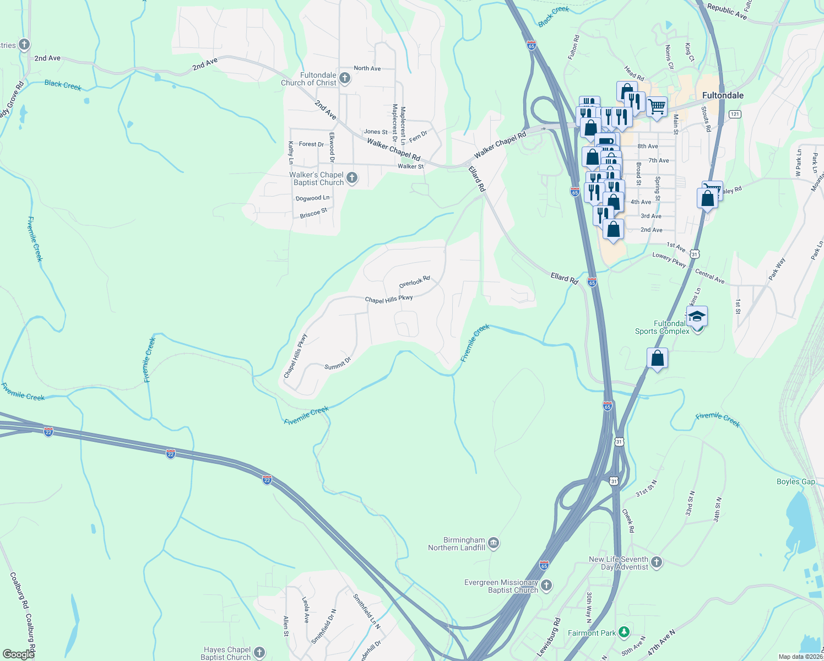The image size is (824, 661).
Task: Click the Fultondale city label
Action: [723, 95]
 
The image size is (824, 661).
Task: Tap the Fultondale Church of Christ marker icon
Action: [345, 78]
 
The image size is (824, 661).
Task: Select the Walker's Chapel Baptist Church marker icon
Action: [352, 178]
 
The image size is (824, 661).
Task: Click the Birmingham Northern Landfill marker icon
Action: [493, 544]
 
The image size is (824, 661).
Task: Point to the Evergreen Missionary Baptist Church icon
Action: [546, 585]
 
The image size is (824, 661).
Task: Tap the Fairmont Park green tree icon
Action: [624, 631]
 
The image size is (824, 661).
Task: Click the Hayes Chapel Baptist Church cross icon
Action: [259, 653]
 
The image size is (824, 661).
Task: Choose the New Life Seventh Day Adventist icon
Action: [656, 562]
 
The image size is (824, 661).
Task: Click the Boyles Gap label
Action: [795, 481]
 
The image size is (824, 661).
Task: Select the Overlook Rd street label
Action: [414, 282]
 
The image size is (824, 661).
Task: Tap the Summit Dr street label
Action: [337, 364]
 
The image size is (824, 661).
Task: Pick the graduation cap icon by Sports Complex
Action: [696, 317]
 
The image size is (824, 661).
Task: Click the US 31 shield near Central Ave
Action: [695, 254]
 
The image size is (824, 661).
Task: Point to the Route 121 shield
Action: [734, 114]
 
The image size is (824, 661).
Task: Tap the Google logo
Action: [18, 654]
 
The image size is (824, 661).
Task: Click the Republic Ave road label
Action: [727, 12]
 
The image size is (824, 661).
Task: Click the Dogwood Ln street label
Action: [312, 198]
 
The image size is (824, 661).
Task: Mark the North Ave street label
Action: [367, 68]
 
